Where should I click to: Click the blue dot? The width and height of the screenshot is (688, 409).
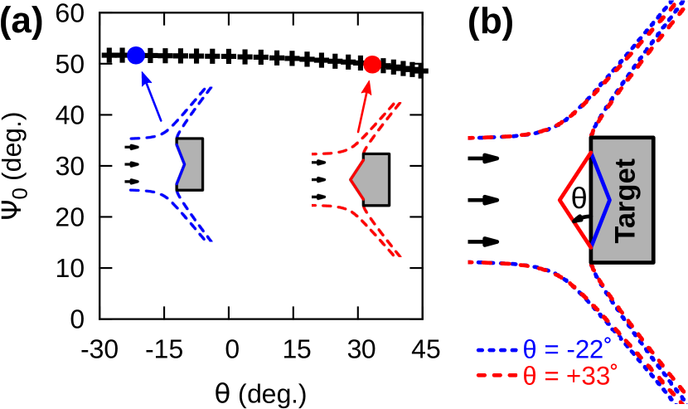[136, 56]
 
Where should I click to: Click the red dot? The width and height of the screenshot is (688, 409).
[372, 65]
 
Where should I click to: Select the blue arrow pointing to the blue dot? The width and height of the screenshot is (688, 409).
[151, 96]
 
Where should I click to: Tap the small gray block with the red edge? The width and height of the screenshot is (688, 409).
[377, 179]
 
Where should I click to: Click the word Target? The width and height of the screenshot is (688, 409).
[626, 200]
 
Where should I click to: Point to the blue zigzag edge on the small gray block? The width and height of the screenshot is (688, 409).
[181, 163]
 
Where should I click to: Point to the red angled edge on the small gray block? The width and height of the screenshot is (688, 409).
[357, 178]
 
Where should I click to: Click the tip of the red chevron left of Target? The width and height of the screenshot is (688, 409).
[560, 200]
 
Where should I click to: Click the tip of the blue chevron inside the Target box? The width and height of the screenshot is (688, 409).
[609, 200]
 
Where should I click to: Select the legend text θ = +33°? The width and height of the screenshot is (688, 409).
[570, 376]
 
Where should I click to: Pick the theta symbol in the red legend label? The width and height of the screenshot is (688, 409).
[529, 376]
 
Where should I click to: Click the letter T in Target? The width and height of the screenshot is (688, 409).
[626, 232]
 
